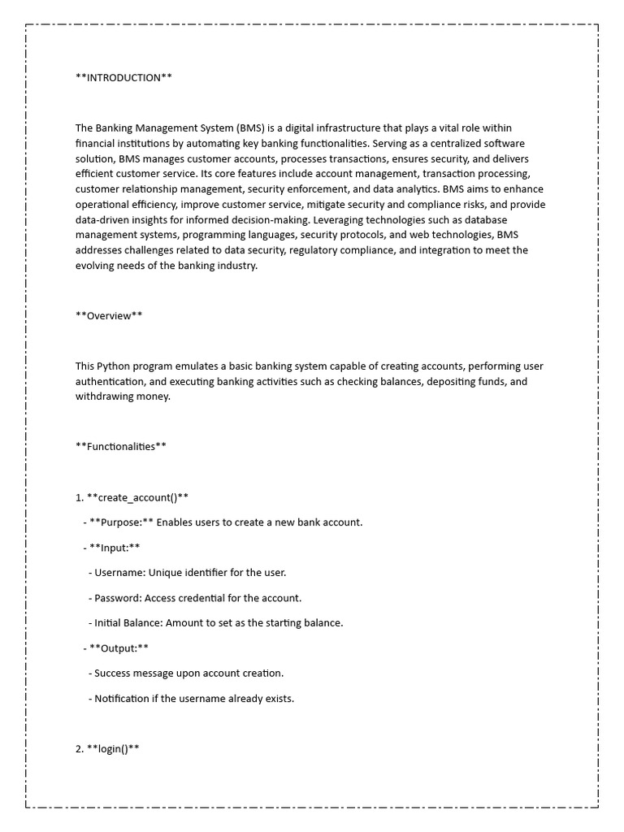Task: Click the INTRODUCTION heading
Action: coord(123,78)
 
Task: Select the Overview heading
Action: coord(109,316)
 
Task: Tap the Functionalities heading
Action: coord(121,446)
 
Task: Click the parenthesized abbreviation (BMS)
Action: coord(250,128)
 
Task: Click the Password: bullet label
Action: coord(118,598)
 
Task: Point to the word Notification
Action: coord(122,699)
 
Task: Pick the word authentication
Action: coord(111,382)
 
